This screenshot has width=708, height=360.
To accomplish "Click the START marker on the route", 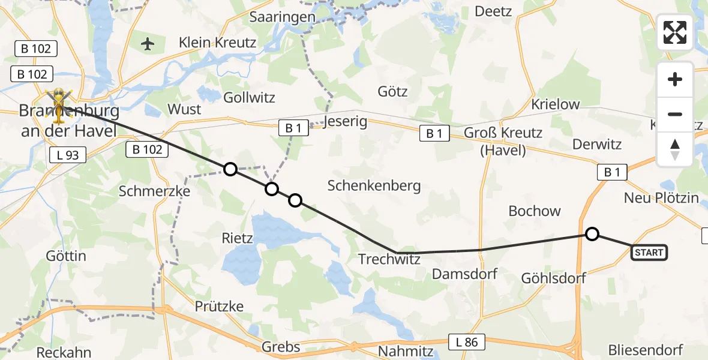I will [649, 253].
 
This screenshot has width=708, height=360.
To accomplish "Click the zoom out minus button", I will [675, 114].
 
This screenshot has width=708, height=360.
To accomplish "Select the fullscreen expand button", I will [675, 32].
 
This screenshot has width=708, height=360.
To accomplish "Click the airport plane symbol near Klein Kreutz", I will [148, 44].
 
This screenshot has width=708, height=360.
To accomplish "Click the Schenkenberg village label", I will [374, 185].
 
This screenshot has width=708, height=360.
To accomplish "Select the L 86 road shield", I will [467, 343].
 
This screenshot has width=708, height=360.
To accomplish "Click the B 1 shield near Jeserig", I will [293, 127].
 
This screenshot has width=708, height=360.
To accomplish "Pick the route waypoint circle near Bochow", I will [592, 234].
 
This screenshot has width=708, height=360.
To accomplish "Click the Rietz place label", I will [237, 238].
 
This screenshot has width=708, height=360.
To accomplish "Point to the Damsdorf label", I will [465, 274].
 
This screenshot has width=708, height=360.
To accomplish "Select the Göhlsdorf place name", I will [553, 278].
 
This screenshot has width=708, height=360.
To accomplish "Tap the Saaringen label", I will [282, 17].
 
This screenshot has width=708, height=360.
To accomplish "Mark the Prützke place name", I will [219, 306].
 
